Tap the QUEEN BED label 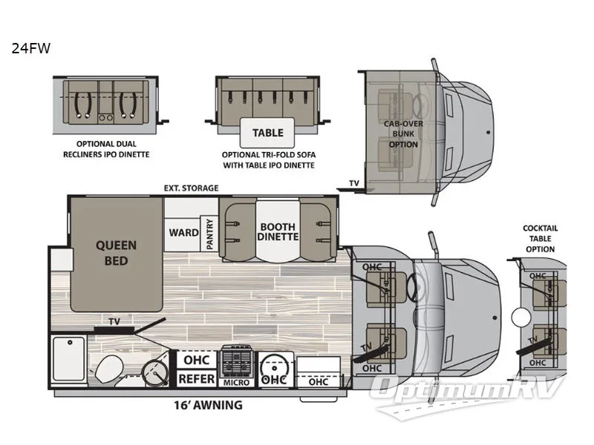(115, 252)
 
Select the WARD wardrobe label (183, 232)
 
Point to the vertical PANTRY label (210, 233)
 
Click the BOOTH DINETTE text (278, 231)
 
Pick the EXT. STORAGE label (191, 188)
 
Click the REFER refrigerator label (197, 379)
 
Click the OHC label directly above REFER (197, 360)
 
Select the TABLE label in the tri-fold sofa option (267, 133)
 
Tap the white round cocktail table (519, 317)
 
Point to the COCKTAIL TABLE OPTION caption (539, 239)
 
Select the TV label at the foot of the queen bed (114, 322)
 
